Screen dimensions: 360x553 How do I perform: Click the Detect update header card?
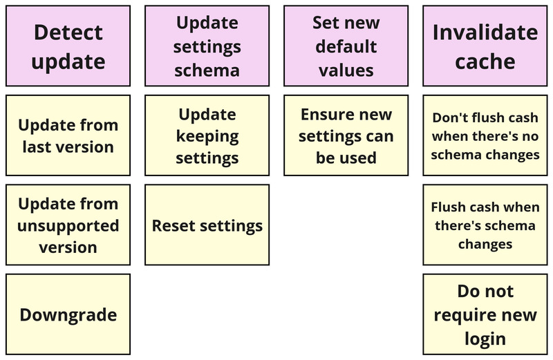point(68,46)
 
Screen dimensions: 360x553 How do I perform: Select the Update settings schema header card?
point(207,46)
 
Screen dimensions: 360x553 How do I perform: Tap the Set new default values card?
point(346,46)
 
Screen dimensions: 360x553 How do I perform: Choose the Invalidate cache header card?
point(485,46)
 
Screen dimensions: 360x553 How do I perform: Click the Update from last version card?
point(68,135)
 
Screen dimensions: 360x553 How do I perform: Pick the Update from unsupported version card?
point(68,225)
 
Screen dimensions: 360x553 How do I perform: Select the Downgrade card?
point(68,315)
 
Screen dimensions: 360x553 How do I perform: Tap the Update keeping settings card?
point(207,135)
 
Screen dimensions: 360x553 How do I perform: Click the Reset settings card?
point(207,225)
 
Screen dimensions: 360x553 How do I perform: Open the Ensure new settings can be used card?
point(346,135)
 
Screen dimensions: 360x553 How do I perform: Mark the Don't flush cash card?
point(485,135)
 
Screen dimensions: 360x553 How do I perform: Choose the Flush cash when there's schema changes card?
point(485,225)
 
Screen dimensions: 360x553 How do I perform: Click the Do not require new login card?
point(485,315)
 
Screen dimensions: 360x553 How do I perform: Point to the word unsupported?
point(68,226)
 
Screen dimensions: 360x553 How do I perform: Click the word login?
point(485,339)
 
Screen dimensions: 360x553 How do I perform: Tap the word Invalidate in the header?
point(485,32)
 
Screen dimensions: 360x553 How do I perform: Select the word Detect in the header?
point(68,32)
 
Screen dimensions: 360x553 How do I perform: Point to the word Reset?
point(174,226)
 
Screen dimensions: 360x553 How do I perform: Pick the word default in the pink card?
point(346,46)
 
